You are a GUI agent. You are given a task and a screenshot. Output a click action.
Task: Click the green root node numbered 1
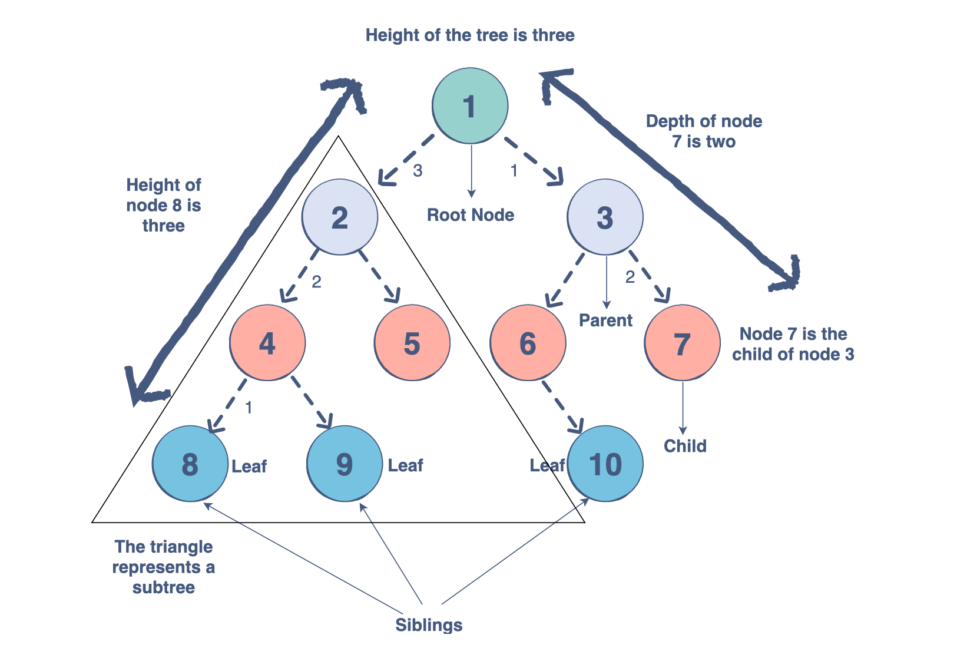point(469,106)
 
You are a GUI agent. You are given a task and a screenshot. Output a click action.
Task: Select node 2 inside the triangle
point(339,217)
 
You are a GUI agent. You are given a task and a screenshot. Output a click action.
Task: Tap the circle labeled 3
point(605,217)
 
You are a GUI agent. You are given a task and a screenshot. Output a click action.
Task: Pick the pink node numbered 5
point(412,343)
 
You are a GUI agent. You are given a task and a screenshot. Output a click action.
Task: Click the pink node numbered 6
point(528,343)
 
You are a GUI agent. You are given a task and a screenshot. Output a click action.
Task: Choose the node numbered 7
point(682,343)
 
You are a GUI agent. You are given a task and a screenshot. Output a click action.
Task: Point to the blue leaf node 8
point(190,464)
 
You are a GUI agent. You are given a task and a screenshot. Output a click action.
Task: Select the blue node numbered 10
point(605,464)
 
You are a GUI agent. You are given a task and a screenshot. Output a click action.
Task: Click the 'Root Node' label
point(470,215)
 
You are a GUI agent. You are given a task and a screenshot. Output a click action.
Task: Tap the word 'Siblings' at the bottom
point(428,625)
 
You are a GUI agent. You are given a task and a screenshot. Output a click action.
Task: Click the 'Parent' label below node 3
point(605,320)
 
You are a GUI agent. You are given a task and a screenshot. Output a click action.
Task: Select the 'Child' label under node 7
point(685,446)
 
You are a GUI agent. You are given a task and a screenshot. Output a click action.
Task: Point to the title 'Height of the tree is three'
point(469,35)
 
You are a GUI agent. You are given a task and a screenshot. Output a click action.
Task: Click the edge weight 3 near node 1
point(418,171)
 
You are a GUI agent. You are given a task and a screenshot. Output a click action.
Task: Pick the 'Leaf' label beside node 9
point(405,465)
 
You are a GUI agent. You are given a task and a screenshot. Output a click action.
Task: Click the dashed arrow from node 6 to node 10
point(562,406)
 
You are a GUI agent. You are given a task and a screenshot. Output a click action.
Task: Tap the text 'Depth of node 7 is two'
point(704,131)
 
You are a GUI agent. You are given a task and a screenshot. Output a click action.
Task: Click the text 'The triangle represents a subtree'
point(163,567)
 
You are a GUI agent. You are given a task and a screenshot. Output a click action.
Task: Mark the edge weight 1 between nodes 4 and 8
point(249,407)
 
